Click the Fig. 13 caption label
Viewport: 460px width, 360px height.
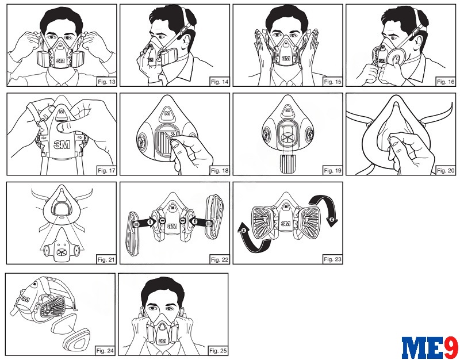coord(106,82)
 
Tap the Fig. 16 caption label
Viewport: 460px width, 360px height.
coord(446,82)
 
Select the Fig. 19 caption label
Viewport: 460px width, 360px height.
coord(333,170)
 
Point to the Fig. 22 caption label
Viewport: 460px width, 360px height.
coord(220,259)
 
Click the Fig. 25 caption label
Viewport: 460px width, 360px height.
coord(218,351)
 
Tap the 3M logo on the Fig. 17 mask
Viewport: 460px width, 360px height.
coord(62,145)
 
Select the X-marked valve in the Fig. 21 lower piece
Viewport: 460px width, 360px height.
coord(62,251)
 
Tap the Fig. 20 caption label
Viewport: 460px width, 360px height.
coord(446,170)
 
